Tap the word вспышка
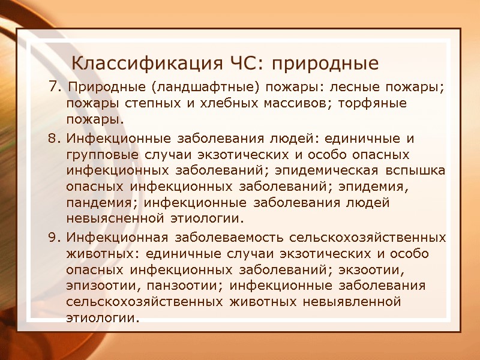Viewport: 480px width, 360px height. click(x=413, y=171)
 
